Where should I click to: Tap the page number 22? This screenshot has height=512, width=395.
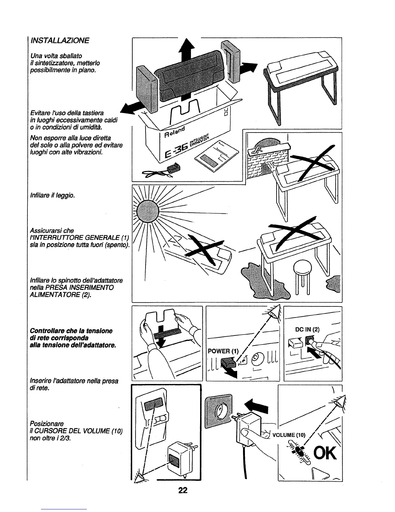[x=183, y=490]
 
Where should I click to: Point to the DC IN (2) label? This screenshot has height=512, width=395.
[x=307, y=330]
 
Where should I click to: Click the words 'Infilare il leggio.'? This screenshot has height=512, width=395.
[x=51, y=195]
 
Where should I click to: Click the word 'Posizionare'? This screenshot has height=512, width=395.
[x=47, y=423]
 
